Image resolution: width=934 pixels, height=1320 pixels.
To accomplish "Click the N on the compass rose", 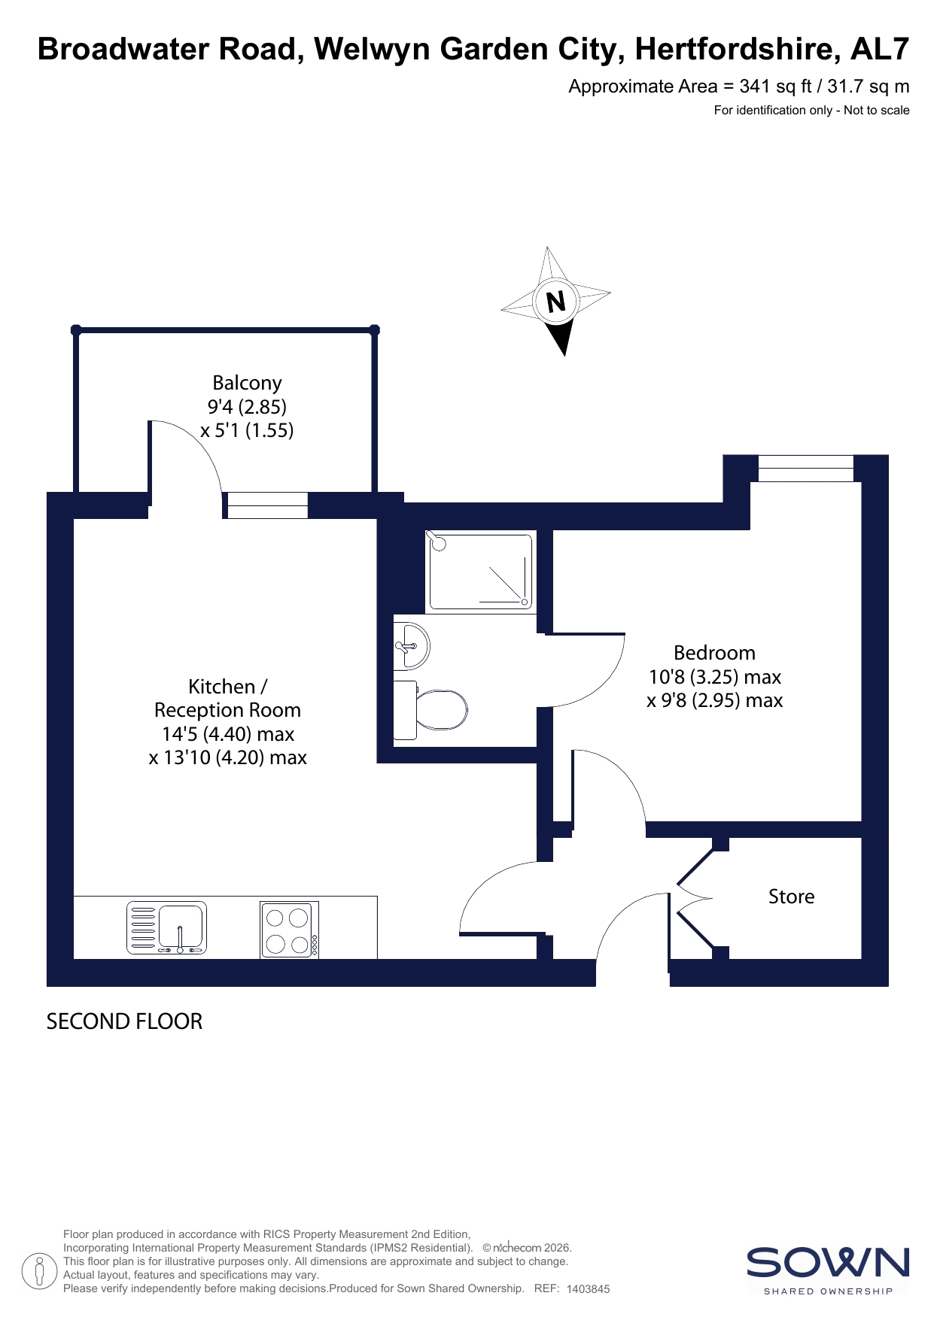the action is (555, 302).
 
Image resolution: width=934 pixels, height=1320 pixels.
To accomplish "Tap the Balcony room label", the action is (247, 384).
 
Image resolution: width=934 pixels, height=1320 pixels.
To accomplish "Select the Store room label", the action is (791, 897).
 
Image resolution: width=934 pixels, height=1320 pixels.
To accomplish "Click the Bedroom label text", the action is (714, 653).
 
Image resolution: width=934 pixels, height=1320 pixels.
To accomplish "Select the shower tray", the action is (480, 572).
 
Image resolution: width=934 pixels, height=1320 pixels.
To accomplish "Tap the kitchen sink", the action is (166, 928).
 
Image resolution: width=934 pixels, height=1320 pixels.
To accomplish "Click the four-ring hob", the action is (290, 930).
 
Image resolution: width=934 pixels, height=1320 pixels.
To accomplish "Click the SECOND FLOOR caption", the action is (124, 1021).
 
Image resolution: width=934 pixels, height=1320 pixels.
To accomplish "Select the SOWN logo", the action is (828, 1270).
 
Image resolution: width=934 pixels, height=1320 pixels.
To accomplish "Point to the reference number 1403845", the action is (588, 1288).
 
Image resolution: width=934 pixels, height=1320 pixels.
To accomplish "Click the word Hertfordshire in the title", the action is (738, 49).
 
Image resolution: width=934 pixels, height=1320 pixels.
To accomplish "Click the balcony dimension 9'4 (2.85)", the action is (247, 407).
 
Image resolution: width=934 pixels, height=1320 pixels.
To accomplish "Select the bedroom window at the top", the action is (805, 468).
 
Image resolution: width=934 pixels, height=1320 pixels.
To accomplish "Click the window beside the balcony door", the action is (267, 505).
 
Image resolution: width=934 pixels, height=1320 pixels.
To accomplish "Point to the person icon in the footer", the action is (39, 1271).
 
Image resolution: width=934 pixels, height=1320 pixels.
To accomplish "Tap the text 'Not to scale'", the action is (877, 111).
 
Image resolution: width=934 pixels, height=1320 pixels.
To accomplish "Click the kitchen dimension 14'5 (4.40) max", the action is (228, 734).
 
